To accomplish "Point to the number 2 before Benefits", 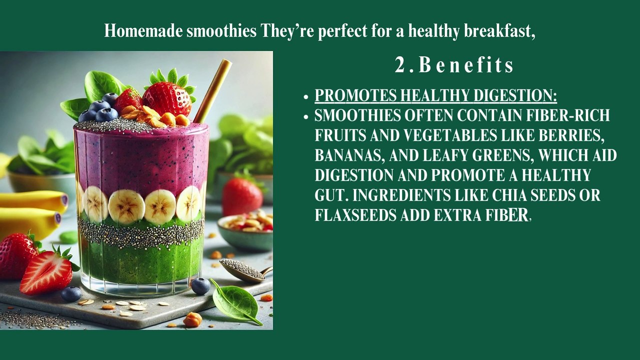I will point(400,65).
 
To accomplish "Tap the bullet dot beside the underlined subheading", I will point(306,96).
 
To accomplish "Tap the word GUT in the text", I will point(327,195).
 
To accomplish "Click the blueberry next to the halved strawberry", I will point(71,294).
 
